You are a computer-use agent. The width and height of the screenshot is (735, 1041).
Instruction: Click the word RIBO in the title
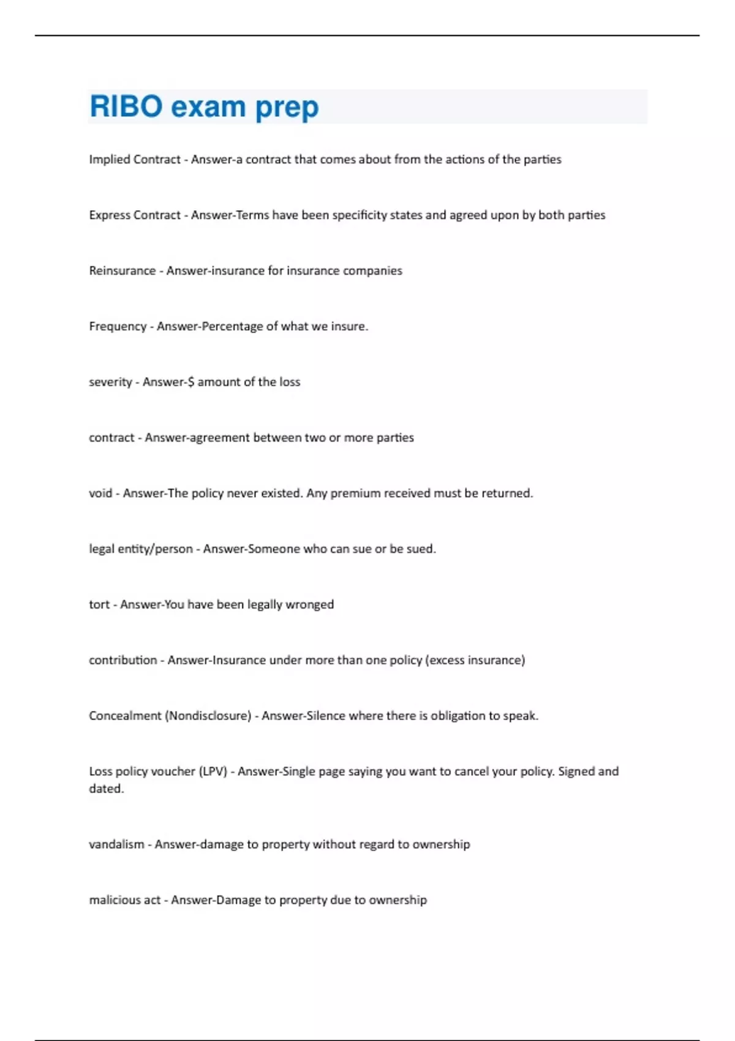[126, 107]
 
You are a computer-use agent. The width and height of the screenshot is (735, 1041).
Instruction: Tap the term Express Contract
[135, 215]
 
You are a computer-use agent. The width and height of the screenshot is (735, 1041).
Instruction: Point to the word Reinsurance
[122, 271]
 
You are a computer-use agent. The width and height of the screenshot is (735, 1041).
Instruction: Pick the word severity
[110, 382]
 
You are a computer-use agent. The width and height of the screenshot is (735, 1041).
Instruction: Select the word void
[100, 493]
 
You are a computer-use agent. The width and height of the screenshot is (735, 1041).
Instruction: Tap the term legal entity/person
[141, 549]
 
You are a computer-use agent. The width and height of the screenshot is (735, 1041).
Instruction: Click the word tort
[99, 604]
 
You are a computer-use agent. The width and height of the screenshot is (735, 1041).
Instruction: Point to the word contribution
[123, 660]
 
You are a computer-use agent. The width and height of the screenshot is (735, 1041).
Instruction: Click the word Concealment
[125, 716]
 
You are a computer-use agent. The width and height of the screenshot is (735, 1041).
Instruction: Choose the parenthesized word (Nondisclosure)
[208, 716]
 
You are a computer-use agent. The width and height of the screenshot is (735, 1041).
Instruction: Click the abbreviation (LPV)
[213, 772]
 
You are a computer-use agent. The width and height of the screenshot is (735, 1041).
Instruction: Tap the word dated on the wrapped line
[106, 789]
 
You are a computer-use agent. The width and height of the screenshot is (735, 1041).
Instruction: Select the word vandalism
[116, 844]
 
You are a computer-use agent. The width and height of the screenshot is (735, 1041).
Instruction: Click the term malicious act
[124, 900]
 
